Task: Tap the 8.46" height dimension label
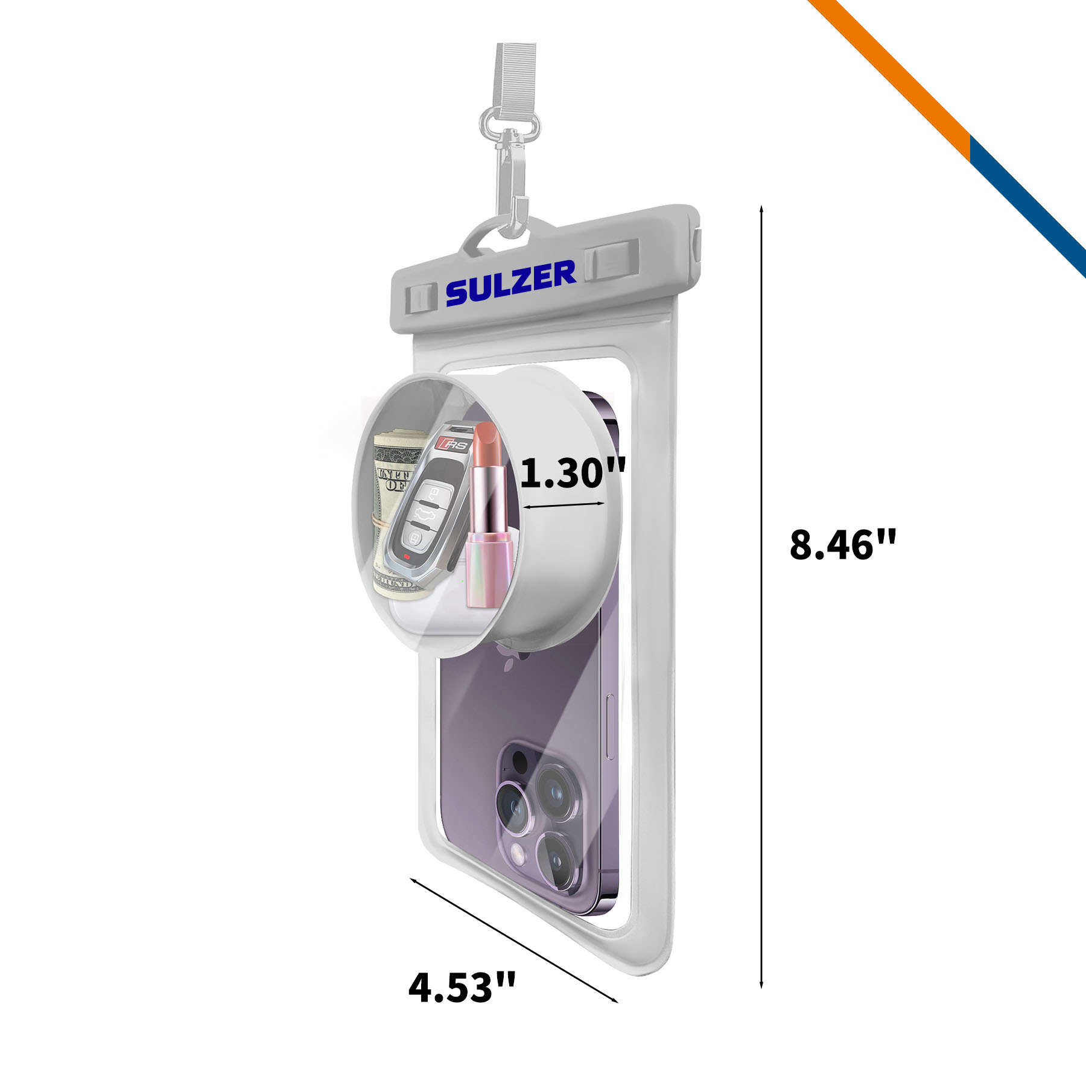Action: (x=843, y=544)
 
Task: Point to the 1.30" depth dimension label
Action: (x=573, y=472)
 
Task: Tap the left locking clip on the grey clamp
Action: (x=421, y=299)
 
